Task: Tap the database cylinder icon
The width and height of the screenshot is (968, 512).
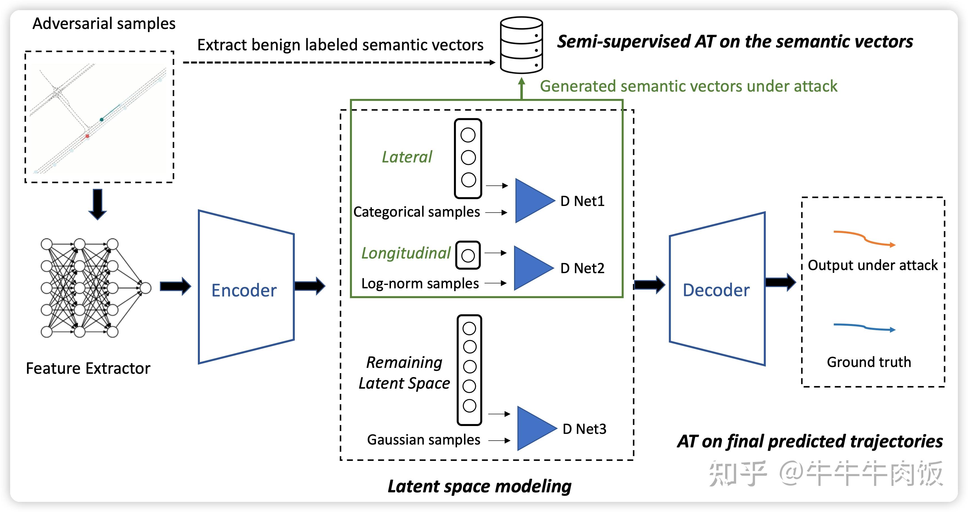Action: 521,45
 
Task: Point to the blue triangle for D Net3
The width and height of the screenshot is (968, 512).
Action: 535,428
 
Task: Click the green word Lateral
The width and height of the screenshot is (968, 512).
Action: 407,157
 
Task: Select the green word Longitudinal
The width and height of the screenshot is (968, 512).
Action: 406,253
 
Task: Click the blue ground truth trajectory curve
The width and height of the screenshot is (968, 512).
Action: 864,327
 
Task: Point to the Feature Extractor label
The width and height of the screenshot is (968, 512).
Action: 88,368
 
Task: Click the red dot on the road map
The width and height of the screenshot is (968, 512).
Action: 87,136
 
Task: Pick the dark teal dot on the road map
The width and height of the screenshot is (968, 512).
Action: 101,119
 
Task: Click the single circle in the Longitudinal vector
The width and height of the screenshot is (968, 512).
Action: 468,256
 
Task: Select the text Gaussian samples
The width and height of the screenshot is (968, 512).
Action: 424,440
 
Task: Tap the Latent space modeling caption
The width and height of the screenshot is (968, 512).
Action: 480,486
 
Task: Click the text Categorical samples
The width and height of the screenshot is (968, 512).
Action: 416,212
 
